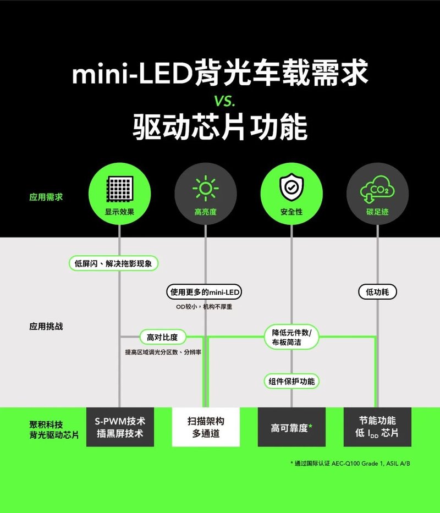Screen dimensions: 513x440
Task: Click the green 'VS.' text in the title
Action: coord(224,101)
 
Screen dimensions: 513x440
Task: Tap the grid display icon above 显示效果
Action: coord(120,189)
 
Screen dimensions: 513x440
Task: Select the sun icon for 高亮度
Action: coord(206,189)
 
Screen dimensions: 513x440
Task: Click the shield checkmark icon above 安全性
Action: coord(291,188)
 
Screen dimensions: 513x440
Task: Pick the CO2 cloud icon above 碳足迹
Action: coord(377,190)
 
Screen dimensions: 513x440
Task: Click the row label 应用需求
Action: coord(46,197)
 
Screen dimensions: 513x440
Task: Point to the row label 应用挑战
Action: coord(46,326)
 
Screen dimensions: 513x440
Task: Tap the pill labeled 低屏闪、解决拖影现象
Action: coord(114,263)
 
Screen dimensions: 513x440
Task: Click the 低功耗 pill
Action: coord(377,292)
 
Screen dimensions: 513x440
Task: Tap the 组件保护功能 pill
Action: coord(291,381)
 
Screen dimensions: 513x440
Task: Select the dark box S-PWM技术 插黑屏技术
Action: coord(120,427)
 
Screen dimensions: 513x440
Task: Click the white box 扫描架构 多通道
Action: coord(206,427)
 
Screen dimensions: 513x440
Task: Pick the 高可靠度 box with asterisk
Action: coord(291,427)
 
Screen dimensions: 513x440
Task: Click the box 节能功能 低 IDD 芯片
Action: coord(377,427)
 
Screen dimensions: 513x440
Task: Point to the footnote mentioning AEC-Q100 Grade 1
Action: coord(350,464)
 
